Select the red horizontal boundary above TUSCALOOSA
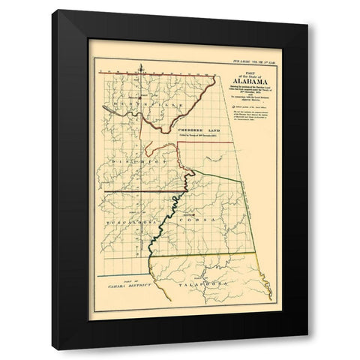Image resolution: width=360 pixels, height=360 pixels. click(135, 193)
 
